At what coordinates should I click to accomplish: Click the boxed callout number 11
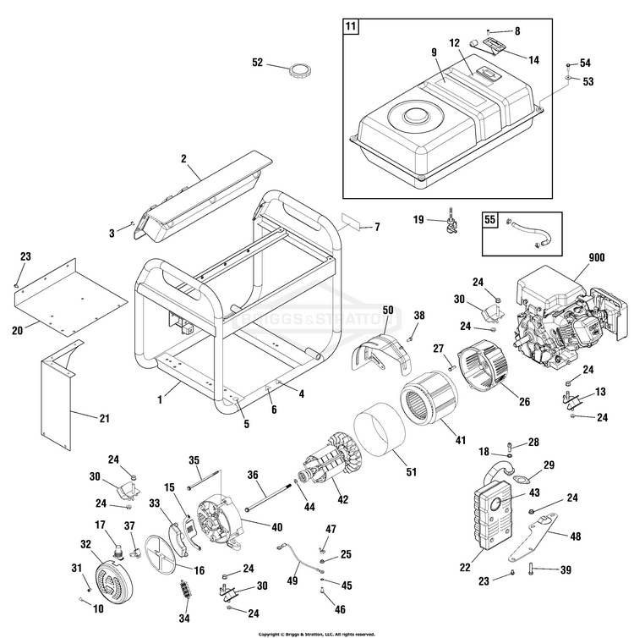(x=351, y=26)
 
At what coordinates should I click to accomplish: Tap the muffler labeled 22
(x=489, y=516)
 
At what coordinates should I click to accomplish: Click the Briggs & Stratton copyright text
(x=316, y=633)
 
